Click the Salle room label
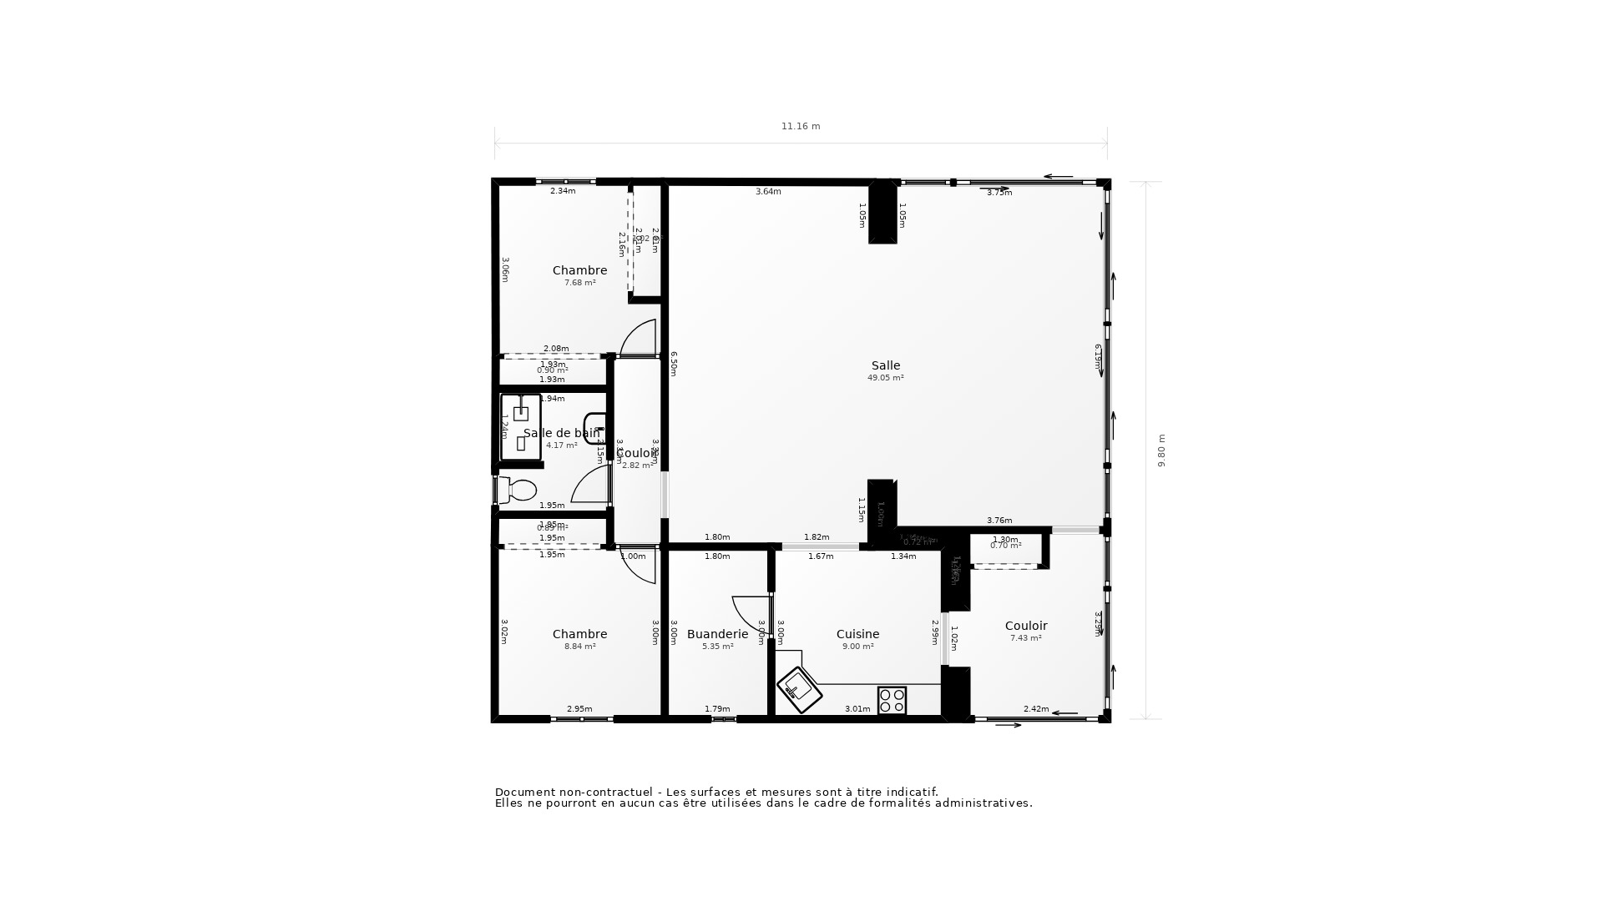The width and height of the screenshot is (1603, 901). (886, 365)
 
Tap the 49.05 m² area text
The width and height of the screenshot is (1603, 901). (886, 378)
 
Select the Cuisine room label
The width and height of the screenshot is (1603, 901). (857, 634)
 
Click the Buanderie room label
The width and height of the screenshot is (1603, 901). (717, 634)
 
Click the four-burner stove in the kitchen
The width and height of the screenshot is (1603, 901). (892, 700)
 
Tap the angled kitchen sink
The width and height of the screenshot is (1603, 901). (799, 689)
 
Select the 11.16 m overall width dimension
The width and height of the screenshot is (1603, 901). (801, 127)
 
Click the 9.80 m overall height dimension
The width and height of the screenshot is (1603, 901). (1161, 450)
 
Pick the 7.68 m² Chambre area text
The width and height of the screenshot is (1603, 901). (579, 283)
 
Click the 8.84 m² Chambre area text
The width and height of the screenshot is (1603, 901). (579, 647)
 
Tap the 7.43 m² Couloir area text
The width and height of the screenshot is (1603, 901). (1025, 638)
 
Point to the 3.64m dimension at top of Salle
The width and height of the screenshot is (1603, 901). (768, 192)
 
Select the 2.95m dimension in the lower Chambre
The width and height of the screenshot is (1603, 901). (579, 709)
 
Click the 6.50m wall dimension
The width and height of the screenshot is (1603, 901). (674, 364)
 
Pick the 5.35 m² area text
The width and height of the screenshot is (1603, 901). (717, 647)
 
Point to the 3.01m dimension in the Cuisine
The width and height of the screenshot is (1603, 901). (857, 709)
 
